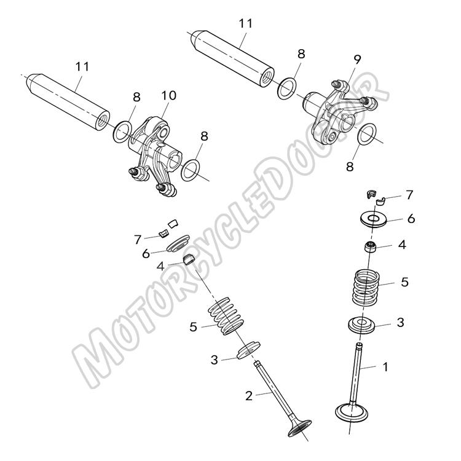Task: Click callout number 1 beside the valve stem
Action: pyautogui.click(x=385, y=367)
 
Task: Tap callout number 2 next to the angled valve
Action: pyautogui.click(x=248, y=395)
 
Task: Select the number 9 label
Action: pyautogui.click(x=357, y=59)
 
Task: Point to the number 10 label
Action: pyautogui.click(x=168, y=95)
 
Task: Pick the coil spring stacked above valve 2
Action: pyautogui.click(x=227, y=316)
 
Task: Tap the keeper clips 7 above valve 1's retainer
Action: pyautogui.click(x=375, y=196)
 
